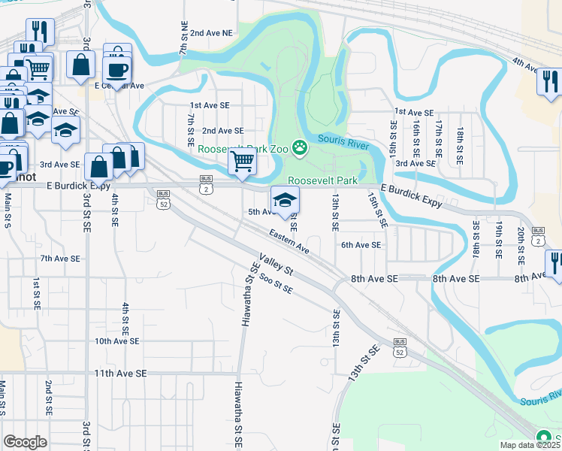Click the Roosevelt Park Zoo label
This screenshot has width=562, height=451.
243,149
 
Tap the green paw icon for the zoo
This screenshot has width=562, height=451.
301,147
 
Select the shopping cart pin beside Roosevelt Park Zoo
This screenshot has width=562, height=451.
242,161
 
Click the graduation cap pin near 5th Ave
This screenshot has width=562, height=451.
285,200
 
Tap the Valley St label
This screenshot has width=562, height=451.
277,267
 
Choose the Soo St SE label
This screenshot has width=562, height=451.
275,283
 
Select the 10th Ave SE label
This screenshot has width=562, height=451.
116,341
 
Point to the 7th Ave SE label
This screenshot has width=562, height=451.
60,258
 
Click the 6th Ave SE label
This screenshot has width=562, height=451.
361,244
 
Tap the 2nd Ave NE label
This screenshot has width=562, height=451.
211,33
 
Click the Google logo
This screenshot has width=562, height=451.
25,442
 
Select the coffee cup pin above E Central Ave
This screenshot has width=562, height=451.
116,70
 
